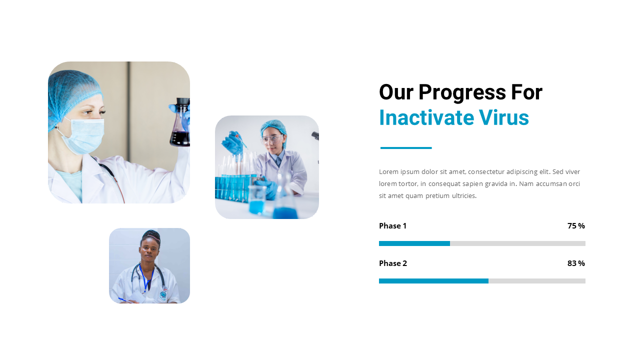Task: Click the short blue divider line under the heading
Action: tap(406, 148)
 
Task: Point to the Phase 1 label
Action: tap(392, 226)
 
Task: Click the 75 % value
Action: tap(576, 226)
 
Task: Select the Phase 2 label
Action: tap(393, 263)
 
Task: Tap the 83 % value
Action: tap(576, 263)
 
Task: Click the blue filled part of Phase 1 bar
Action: tap(414, 243)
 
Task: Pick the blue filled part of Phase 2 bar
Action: tap(433, 281)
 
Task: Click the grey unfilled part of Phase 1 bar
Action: tap(517, 243)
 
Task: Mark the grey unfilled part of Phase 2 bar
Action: tap(536, 281)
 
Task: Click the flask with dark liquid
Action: tap(180, 130)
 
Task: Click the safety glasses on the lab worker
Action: tap(271, 139)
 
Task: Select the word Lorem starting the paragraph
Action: tap(388, 172)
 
